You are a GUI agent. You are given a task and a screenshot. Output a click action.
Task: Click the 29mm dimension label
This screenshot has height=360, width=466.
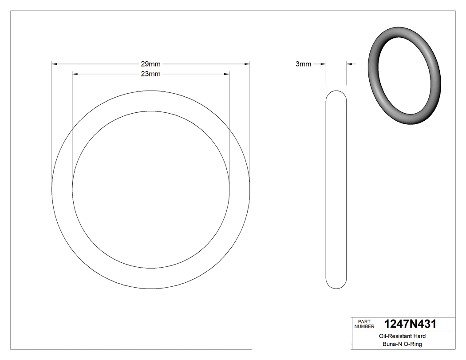pos(150,64)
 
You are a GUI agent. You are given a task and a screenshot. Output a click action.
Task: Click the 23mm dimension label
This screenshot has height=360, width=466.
pos(150,74)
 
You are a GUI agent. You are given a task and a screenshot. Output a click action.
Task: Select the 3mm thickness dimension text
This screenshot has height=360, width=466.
pos(303,64)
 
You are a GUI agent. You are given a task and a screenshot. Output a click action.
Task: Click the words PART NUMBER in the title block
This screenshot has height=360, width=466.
pos(363,324)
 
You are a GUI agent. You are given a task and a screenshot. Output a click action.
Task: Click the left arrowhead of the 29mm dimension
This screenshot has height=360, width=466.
pos(55,64)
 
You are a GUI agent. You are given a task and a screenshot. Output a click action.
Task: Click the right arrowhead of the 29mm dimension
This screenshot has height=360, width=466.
pos(247,64)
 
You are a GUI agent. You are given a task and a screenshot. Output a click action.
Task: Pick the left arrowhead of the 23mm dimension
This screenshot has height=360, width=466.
pos(75,74)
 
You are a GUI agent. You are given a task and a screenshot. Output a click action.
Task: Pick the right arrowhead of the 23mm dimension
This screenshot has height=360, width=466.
pos(226,74)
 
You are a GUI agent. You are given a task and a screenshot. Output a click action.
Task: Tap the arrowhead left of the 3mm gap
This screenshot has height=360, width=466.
pos(324,64)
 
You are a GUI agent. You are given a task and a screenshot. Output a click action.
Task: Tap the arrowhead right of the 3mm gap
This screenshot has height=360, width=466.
pos(349,64)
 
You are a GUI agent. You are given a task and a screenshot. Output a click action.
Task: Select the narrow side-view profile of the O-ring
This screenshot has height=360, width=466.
pos(336,190)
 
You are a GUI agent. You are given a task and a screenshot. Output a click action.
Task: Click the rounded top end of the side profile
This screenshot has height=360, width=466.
pos(336,93)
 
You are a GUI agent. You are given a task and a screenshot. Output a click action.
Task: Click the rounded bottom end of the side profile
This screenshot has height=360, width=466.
pos(336,286)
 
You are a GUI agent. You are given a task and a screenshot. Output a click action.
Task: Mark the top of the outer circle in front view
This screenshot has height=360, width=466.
pos(151,91)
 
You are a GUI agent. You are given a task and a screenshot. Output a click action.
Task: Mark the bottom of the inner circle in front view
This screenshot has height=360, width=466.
pos(151,269)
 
